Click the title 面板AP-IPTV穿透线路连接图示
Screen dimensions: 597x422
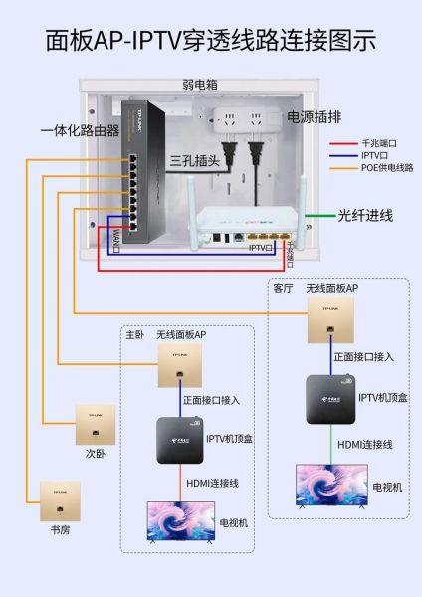(211, 41)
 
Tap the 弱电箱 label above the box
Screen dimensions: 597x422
(200, 85)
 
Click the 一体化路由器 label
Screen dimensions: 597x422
(80, 130)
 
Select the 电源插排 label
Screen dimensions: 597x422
(314, 117)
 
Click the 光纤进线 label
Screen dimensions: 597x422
(365, 215)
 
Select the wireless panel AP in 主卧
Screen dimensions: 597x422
(179, 367)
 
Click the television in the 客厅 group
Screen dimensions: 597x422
(330, 486)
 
